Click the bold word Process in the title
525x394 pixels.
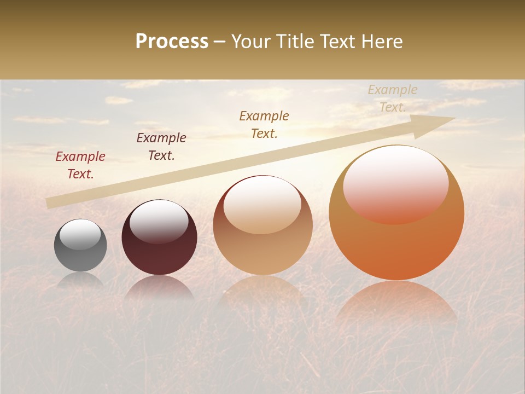(x=172, y=42)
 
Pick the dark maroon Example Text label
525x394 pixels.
(x=161, y=147)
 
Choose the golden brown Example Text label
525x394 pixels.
(x=264, y=125)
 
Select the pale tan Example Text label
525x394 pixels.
(x=393, y=99)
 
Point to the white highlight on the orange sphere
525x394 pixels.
(x=396, y=183)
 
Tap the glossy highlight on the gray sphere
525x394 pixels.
(x=80, y=234)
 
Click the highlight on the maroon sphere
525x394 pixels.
(x=159, y=221)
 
